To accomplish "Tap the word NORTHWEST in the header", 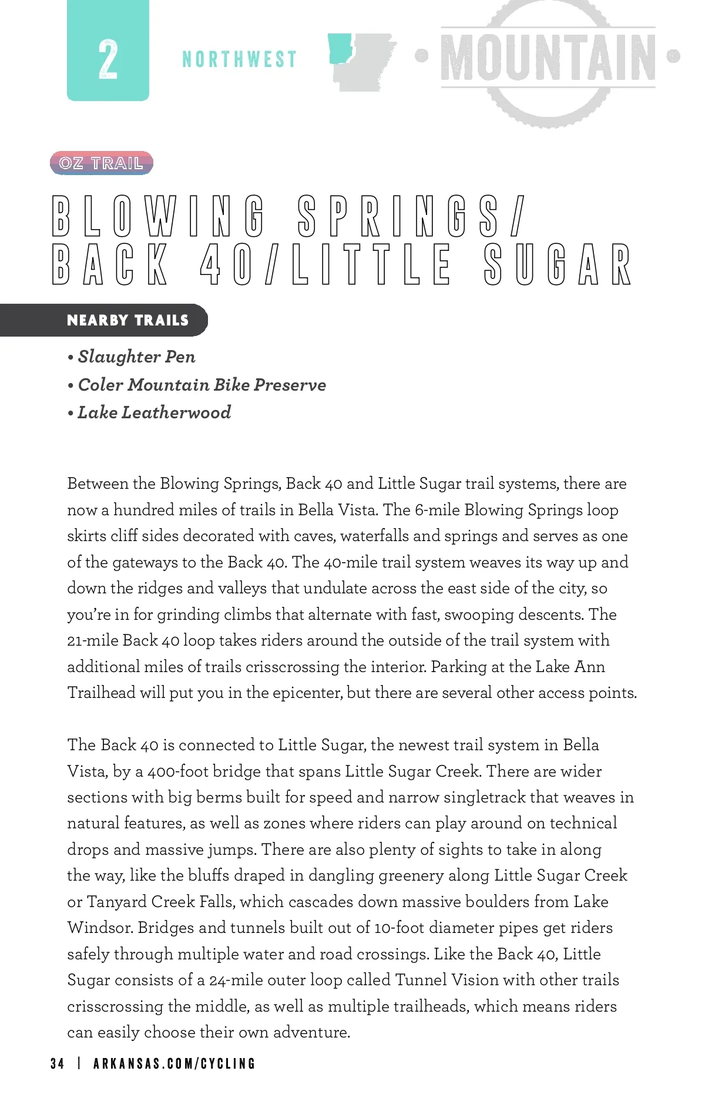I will click(239, 59).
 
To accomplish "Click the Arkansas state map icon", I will click(361, 62).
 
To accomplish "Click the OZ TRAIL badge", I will click(101, 163).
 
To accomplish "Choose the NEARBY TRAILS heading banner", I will click(127, 320).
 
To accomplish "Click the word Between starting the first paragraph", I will click(98, 484).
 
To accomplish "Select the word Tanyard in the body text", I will click(116, 902).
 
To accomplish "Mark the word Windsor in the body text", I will click(100, 928).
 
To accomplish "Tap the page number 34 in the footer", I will click(58, 1063).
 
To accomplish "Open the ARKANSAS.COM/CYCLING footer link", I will click(174, 1063).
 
